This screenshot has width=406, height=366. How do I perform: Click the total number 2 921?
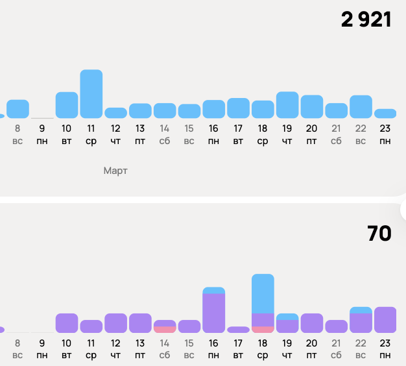pos(366,19)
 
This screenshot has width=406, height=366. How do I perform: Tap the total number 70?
pos(379,233)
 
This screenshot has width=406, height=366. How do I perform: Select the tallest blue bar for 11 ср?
pos(91,93)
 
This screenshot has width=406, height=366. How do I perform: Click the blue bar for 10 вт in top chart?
pos(67,104)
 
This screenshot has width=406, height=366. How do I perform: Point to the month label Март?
pos(116,171)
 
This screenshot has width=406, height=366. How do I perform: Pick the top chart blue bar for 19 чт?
pos(287,104)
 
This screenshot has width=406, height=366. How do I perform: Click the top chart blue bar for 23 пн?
pos(385,113)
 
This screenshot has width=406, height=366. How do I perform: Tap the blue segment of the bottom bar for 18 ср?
pos(263,293)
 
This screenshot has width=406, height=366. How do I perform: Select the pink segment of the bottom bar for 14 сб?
pos(165,330)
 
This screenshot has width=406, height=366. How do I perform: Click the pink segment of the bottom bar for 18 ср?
pos(263,330)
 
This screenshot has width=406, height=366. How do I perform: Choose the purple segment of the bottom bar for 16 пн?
pos(213,313)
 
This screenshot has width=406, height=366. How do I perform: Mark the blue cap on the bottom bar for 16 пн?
pos(213,290)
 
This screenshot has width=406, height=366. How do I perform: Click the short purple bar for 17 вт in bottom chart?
pos(238,330)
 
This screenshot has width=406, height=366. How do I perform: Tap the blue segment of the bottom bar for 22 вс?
pos(361,310)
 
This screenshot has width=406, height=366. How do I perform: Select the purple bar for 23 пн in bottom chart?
pos(385,319)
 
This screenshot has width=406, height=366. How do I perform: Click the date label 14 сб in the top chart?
pos(165,134)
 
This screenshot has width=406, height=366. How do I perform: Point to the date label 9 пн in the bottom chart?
pos(42,348)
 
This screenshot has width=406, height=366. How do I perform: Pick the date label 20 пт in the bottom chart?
pos(312,348)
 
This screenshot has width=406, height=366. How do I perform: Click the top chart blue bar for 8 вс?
pos(18,108)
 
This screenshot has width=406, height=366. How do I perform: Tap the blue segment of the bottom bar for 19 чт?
pos(287,317)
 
